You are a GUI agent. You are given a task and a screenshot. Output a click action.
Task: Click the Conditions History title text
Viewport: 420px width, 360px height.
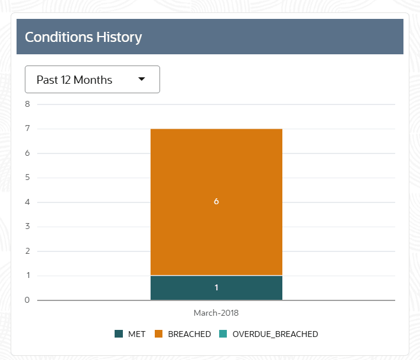83,37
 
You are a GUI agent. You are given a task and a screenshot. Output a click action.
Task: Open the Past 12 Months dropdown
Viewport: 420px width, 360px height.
92,80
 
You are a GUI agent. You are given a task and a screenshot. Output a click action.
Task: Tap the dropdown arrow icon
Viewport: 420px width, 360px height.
142,80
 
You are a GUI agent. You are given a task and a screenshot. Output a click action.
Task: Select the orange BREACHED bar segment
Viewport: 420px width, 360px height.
216,177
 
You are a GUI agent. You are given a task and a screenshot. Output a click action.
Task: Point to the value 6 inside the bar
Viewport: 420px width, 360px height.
216,202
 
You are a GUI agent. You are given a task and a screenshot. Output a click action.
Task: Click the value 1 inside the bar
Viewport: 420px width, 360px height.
216,288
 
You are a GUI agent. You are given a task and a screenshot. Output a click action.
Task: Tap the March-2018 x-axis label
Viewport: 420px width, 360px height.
216,313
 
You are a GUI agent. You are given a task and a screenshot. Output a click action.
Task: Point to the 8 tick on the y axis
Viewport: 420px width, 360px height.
27,104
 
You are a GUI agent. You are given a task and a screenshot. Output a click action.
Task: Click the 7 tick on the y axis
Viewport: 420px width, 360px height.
27,129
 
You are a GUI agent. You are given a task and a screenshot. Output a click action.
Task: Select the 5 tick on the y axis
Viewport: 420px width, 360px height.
27,178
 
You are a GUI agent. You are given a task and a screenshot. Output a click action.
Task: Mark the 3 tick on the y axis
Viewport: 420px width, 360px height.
27,227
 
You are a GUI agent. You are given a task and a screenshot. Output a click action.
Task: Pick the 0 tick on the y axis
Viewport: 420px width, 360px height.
27,300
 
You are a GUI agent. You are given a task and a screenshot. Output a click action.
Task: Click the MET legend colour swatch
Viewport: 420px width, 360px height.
119,334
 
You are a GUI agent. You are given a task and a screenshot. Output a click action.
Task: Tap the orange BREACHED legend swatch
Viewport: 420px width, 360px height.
159,334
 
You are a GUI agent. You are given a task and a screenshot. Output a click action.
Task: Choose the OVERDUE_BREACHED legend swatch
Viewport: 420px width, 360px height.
223,334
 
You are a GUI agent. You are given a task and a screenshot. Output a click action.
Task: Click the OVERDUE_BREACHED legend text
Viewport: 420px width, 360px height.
275,334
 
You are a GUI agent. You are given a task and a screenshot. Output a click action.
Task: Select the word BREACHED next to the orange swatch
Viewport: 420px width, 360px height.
189,334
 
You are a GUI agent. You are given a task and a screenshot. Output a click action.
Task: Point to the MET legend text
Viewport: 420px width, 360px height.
136,334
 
